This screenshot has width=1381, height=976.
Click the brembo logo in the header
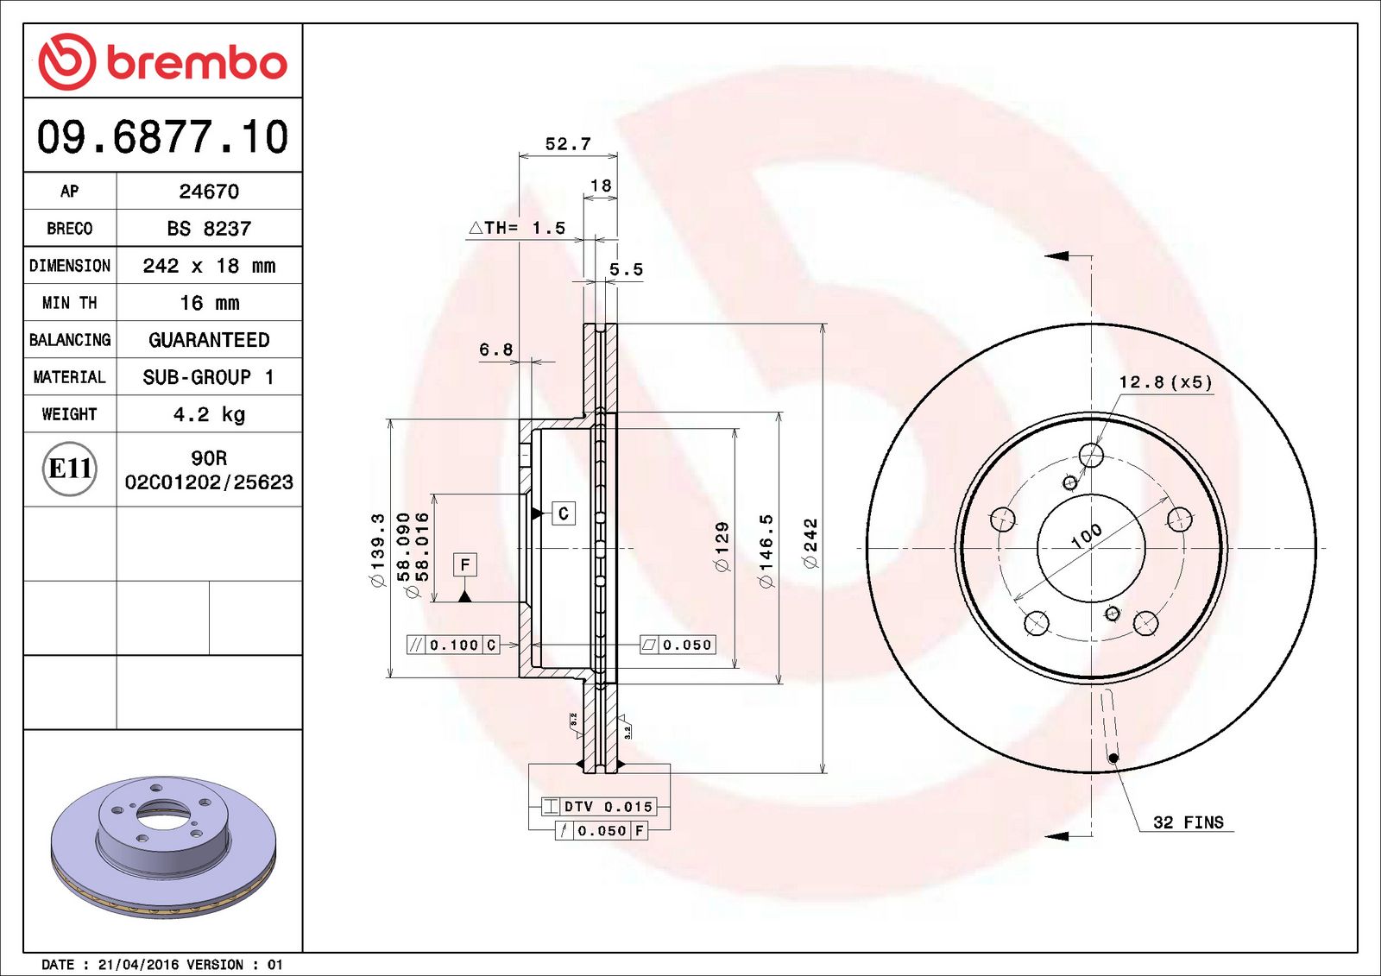(x=162, y=62)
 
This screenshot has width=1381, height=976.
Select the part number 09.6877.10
(x=162, y=137)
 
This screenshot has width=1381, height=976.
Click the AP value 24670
(x=209, y=192)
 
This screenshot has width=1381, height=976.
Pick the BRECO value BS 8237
(x=209, y=229)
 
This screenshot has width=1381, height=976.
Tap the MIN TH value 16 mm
(x=209, y=303)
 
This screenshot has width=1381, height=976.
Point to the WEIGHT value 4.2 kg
(x=209, y=414)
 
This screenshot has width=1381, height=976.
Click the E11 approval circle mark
(x=70, y=469)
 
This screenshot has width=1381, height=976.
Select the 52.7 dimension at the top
(x=568, y=144)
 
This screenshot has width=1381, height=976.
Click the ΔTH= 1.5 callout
(x=517, y=228)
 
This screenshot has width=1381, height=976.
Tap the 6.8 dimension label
(x=496, y=349)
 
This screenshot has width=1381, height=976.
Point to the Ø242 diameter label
(x=810, y=543)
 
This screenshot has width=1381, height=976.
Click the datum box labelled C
(x=564, y=513)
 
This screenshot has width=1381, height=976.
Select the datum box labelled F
(x=465, y=565)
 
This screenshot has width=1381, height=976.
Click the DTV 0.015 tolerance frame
(x=599, y=807)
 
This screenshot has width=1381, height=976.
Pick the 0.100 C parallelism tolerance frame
(x=453, y=645)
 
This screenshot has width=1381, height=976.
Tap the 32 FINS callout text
(x=1189, y=822)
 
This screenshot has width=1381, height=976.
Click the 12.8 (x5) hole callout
(x=1165, y=382)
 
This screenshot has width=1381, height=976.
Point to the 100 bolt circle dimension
(x=1086, y=536)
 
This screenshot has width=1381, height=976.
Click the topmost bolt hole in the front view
(x=1092, y=456)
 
